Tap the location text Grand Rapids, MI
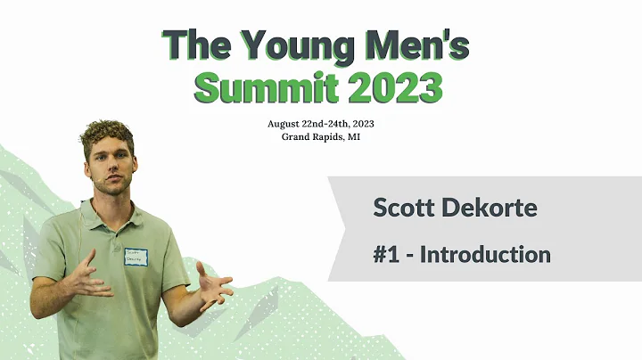(318, 136)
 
